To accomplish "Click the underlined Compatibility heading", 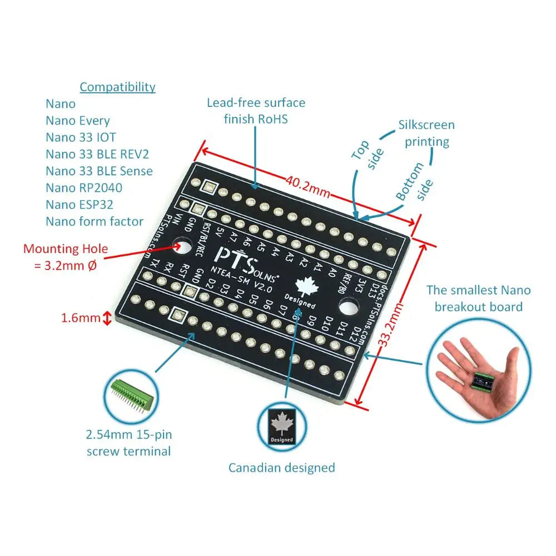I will (x=117, y=87).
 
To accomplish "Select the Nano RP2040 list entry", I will (x=83, y=187).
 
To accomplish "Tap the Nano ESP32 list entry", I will (x=79, y=204).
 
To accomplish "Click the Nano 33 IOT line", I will (x=81, y=137).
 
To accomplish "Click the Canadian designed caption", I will (x=281, y=467).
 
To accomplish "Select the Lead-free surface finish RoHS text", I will (x=256, y=110).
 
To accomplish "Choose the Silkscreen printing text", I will (x=426, y=133).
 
